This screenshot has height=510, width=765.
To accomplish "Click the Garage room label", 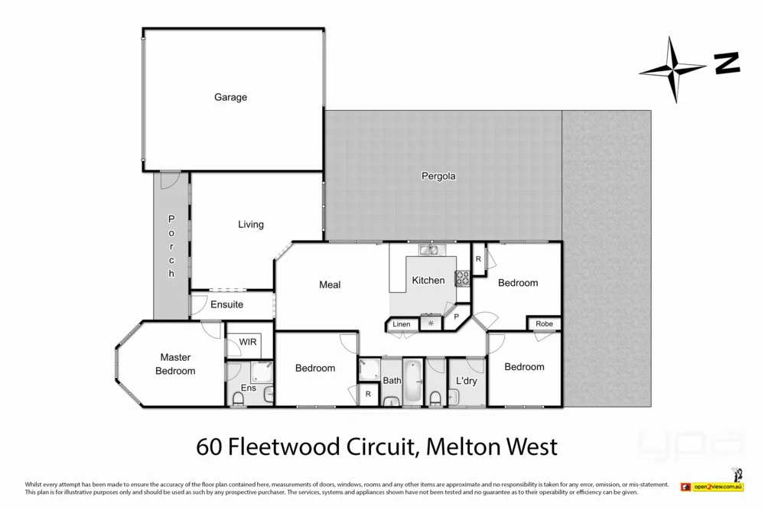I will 230,97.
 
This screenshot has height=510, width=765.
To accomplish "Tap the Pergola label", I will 438,176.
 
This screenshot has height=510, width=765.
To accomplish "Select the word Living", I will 250,224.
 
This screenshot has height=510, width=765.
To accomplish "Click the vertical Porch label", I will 171,246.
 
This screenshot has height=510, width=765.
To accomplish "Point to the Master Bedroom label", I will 175,364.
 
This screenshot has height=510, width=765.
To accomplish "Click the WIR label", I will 247,342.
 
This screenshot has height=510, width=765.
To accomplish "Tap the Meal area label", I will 330,284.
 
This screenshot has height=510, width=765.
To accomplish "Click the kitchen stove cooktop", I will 462,278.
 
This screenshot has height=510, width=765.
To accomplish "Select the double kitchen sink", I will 428,250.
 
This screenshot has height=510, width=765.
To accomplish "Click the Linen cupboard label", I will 402,324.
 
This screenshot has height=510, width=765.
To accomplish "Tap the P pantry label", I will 456,316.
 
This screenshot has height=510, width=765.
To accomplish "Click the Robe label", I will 544,324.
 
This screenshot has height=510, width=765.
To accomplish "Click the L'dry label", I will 467,381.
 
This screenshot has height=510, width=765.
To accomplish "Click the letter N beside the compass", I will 727,64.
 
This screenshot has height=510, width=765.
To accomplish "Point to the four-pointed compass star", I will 672,70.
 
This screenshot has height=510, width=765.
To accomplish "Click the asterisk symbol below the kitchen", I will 431,324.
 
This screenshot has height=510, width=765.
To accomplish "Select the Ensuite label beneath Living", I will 226,304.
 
